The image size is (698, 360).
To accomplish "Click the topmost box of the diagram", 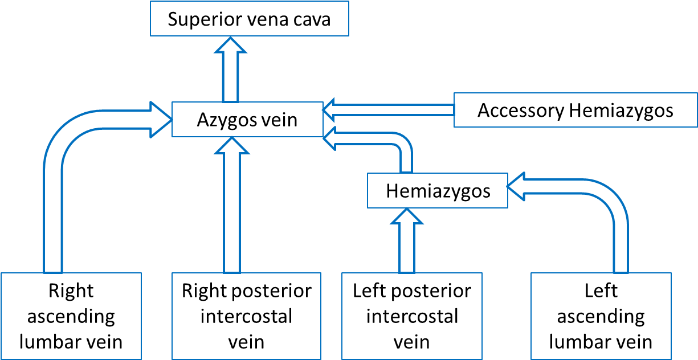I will tap(250, 18).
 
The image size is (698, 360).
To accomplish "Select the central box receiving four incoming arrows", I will tap(247, 119).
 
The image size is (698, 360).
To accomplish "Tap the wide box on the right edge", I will tap(575, 109).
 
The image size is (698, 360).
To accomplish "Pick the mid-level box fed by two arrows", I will tap(437, 190).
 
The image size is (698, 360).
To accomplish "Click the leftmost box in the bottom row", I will tap(71, 316).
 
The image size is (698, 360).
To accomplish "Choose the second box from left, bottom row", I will tap(246, 316).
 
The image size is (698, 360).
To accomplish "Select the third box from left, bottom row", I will tap(411, 316).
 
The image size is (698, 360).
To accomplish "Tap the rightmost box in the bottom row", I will tap(601, 316).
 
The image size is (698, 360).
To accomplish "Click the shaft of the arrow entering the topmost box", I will tap(230, 80).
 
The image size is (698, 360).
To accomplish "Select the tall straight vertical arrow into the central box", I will tap(232, 216).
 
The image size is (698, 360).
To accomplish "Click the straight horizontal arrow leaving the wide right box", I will tap(393, 110).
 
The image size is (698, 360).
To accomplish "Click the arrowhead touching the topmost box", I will tap(230, 46).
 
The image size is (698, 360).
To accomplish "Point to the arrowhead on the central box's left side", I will tap(161, 120).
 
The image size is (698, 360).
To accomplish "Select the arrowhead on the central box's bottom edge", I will tap(232, 146).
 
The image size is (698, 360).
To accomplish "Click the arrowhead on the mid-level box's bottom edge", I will tap(407, 216).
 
